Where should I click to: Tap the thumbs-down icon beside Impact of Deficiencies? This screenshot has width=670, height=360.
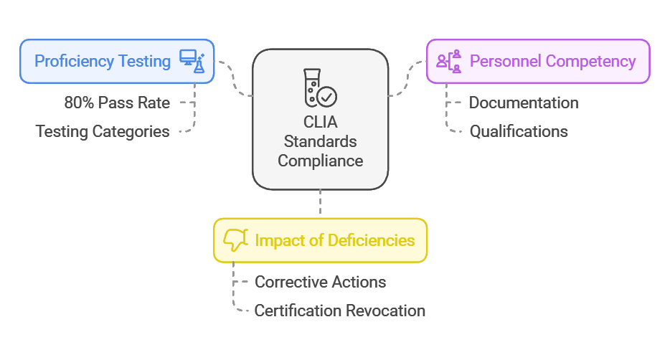pos(235,240)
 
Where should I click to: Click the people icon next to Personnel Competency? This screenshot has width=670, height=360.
pos(449,62)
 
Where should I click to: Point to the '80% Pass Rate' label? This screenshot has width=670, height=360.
pos(117,103)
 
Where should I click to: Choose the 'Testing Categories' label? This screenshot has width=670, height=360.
pos(103,131)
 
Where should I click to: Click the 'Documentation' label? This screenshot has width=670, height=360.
pos(524,103)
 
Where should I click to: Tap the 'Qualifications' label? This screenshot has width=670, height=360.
pos(519,131)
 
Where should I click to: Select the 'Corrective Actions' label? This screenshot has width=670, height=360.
pos(321,282)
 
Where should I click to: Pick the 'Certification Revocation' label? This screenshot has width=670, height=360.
pos(340,311)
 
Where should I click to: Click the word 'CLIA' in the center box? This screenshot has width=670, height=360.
pos(320,122)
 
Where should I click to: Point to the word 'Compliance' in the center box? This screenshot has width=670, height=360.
pos(320,161)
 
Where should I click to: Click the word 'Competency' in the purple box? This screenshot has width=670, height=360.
pos(593,61)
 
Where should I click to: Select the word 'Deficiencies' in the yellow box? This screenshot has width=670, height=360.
pos(371,240)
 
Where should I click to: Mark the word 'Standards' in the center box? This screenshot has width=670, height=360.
pos(320,141)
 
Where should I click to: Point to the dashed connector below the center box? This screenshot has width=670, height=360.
pos(320,203)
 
